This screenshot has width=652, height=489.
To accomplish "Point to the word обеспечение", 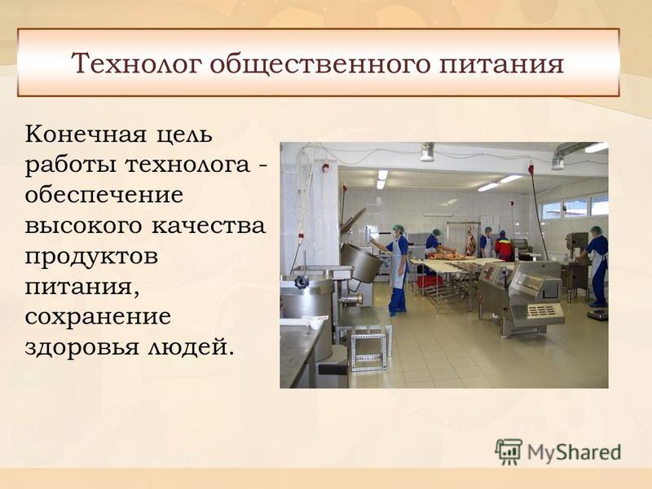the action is click(x=104, y=195).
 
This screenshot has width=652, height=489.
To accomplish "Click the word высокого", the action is click(x=84, y=226).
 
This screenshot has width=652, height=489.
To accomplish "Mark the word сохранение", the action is click(x=98, y=316).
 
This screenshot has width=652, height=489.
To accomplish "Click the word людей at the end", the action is click(x=187, y=347).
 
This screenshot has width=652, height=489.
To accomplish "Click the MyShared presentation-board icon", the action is click(x=509, y=452).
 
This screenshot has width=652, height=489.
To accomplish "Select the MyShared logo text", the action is click(x=575, y=452).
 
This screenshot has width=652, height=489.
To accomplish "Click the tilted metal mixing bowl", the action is click(x=360, y=262).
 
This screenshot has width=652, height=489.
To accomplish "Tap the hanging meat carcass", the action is click(x=470, y=241).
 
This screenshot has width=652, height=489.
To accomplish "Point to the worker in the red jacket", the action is click(x=504, y=247).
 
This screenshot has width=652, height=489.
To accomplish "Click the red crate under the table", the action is click(x=430, y=281).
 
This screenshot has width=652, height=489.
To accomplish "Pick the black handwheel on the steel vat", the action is click(x=302, y=282).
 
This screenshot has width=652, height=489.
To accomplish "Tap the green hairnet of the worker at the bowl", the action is click(x=399, y=228).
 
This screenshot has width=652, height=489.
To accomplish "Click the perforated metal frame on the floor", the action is click(x=370, y=348).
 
